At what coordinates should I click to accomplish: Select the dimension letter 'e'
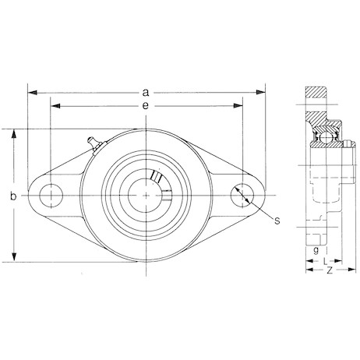coord(146,104)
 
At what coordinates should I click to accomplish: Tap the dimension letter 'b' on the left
coord(13,196)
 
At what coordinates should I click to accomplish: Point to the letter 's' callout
coord(276,221)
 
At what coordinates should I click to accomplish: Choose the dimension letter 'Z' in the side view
coord(330,270)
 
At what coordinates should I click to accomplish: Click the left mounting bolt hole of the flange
coord(51,194)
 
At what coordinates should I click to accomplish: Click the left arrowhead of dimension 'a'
coord(32,91)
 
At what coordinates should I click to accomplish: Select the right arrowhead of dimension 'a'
coord(261,91)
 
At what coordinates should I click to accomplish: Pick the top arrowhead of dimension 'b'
coord(13,132)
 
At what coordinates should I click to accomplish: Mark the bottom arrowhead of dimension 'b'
coord(13,259)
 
